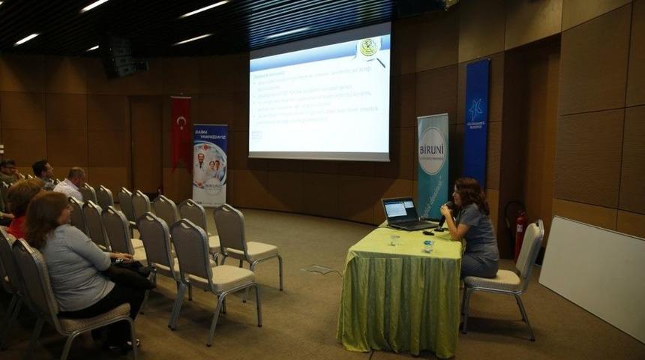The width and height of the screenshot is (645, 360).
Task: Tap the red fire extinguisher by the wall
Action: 520,232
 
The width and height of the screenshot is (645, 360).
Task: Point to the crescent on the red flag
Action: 181,122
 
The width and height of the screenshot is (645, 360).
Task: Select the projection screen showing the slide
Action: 319,94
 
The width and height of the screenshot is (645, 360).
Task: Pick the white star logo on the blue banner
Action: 475,109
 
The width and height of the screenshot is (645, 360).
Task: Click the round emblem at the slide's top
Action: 368,47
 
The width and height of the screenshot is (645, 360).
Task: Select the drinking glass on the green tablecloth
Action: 394,241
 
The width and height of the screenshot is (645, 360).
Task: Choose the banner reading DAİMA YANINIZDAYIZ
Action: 210,165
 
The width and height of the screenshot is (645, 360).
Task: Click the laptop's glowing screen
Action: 399,208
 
